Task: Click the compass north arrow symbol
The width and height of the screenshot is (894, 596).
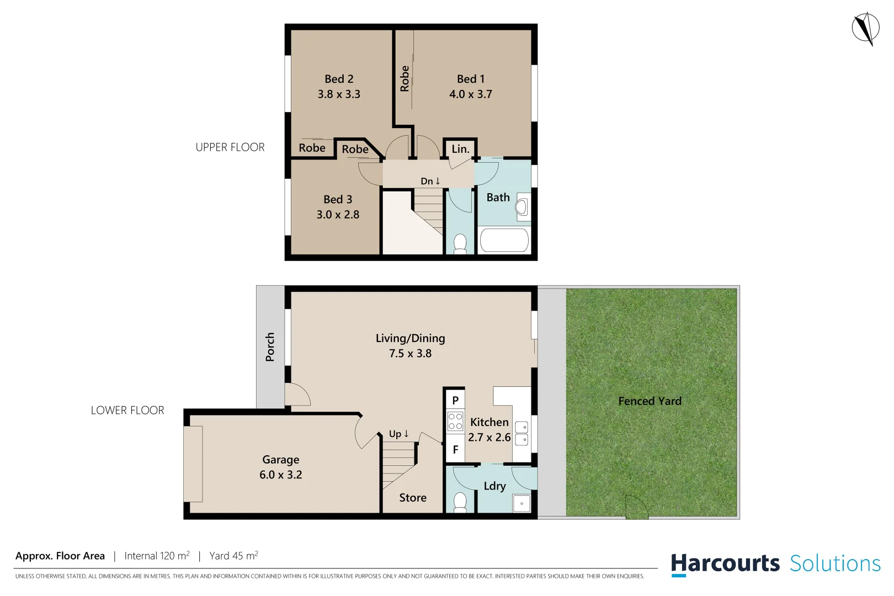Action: point(865,28)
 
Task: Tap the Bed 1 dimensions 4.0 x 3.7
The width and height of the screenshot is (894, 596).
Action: point(470,94)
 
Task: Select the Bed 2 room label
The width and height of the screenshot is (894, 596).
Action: point(339,79)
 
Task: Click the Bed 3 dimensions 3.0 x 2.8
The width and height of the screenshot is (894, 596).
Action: point(338,215)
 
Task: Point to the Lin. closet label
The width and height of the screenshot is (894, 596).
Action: point(460,149)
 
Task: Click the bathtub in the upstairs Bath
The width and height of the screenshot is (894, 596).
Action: point(504,241)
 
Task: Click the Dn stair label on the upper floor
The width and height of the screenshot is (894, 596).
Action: point(430,181)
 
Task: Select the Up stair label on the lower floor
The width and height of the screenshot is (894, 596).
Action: point(398,434)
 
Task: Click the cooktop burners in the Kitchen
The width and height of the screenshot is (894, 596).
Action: point(455,422)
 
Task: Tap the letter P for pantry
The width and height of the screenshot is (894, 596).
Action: point(455,400)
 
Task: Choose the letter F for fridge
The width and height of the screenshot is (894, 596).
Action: point(455,450)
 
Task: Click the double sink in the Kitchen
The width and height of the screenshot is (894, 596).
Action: point(521,433)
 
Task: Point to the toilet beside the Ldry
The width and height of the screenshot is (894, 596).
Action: point(460,502)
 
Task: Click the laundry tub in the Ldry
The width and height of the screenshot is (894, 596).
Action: point(521,503)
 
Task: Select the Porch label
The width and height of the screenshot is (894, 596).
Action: point(270,347)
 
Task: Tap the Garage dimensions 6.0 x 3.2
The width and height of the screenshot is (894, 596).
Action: point(280,475)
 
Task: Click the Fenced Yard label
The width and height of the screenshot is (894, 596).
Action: point(650,401)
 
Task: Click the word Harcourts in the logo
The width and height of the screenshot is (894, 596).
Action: point(725,564)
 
